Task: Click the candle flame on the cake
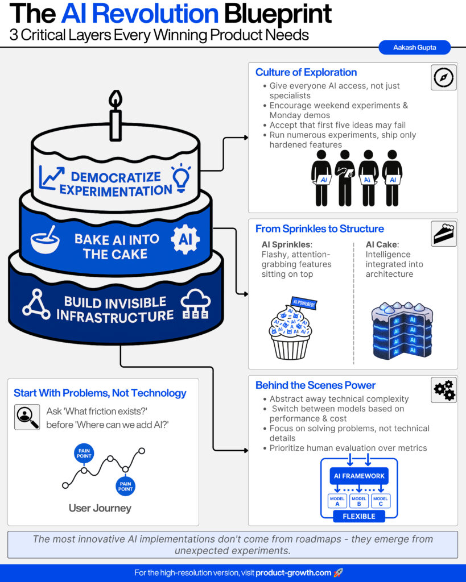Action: click(x=116, y=100)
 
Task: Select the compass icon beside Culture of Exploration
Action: click(x=443, y=77)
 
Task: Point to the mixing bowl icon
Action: click(x=45, y=240)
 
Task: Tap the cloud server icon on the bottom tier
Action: click(x=195, y=306)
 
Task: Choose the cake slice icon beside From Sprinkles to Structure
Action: click(x=443, y=234)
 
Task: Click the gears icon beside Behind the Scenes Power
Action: click(x=444, y=390)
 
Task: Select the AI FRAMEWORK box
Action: click(x=358, y=476)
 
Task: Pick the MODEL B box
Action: click(x=358, y=501)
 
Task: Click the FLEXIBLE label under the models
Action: click(x=358, y=516)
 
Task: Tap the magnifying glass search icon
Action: click(x=27, y=417)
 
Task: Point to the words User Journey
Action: click(x=100, y=508)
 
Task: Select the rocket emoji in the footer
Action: click(x=339, y=573)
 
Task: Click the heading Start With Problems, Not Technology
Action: click(x=100, y=393)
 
